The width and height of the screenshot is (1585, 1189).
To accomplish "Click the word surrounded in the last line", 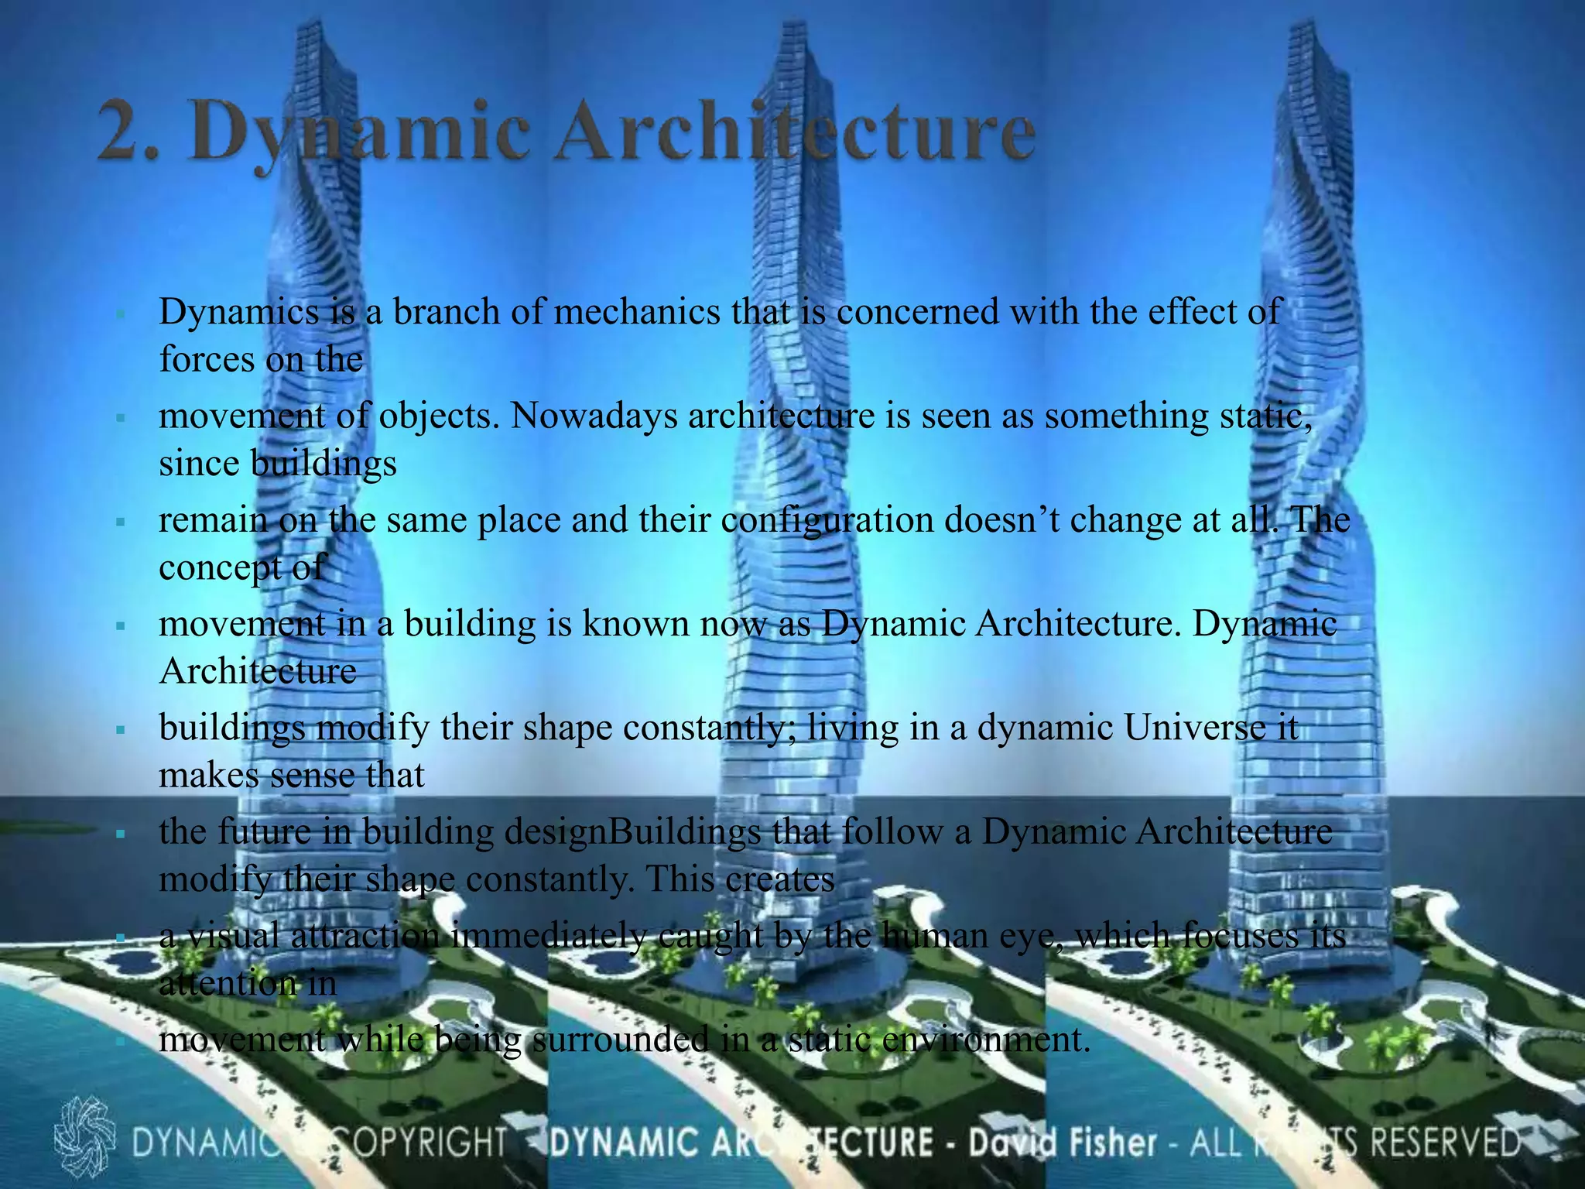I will point(620,1040).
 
